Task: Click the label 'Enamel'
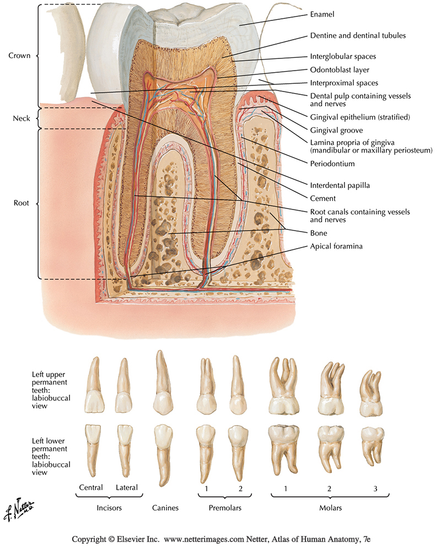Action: tap(322, 14)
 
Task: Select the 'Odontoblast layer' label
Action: tap(338, 70)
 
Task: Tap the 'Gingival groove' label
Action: tap(336, 131)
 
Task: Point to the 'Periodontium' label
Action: tap(332, 164)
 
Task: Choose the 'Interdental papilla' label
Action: tap(340, 185)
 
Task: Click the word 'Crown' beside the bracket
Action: tap(19, 56)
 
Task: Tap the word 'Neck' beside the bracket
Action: tap(20, 119)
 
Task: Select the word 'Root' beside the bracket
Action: tap(21, 203)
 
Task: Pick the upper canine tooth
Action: tap(162, 386)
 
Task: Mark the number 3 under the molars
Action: tap(375, 487)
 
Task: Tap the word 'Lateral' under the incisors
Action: tap(127, 487)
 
